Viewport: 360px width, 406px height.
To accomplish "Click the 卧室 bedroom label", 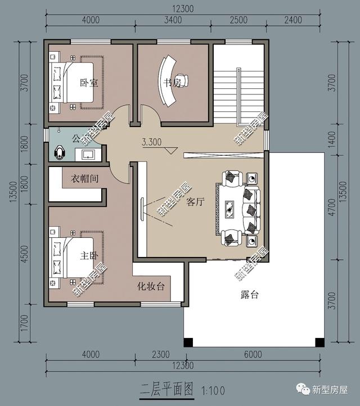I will (88, 83).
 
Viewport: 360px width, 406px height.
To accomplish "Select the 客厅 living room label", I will (195, 202).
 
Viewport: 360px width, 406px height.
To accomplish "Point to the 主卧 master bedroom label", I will (89, 256).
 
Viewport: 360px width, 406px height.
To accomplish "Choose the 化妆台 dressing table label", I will (151, 286).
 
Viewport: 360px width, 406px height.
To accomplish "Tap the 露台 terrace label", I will (249, 295).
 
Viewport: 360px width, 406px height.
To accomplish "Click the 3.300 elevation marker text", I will (152, 142).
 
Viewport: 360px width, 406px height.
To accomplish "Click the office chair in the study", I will (181, 79).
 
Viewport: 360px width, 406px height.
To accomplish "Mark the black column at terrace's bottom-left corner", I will (188, 341).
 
